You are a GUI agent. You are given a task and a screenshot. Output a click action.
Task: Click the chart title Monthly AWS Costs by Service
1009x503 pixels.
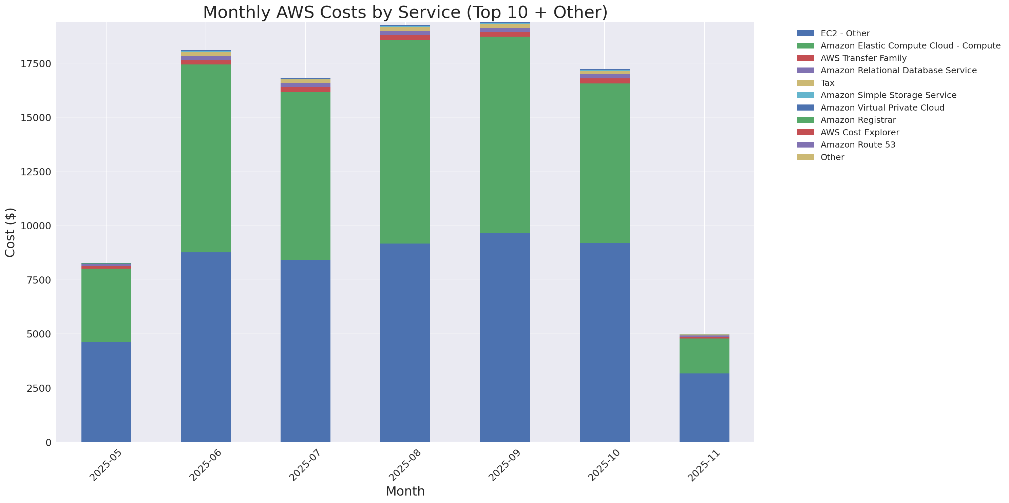point(405,13)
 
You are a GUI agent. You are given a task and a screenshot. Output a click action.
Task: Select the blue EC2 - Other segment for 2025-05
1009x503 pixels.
point(106,391)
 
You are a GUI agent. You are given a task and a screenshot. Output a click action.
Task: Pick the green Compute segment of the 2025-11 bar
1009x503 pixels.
point(704,356)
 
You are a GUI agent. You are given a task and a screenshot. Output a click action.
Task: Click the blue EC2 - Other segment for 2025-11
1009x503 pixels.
point(704,407)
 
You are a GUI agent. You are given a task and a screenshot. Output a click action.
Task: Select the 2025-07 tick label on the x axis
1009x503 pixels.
point(304,465)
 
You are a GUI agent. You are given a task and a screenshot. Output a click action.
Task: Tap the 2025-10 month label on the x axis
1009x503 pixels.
point(603,465)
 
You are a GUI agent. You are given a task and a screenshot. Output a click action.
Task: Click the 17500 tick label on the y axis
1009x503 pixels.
point(36,64)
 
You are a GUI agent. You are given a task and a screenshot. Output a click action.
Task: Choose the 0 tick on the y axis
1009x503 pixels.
point(48,442)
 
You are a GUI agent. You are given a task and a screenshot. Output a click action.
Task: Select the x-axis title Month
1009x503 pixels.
point(405,491)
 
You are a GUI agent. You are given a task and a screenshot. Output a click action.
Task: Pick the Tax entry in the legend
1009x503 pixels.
point(827,83)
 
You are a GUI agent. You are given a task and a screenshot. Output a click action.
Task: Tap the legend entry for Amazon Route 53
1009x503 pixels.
point(857,145)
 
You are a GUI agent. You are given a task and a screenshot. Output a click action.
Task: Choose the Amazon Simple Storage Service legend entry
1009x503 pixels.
point(888,95)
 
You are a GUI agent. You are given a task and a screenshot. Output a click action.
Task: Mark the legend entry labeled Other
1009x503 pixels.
point(832,157)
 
